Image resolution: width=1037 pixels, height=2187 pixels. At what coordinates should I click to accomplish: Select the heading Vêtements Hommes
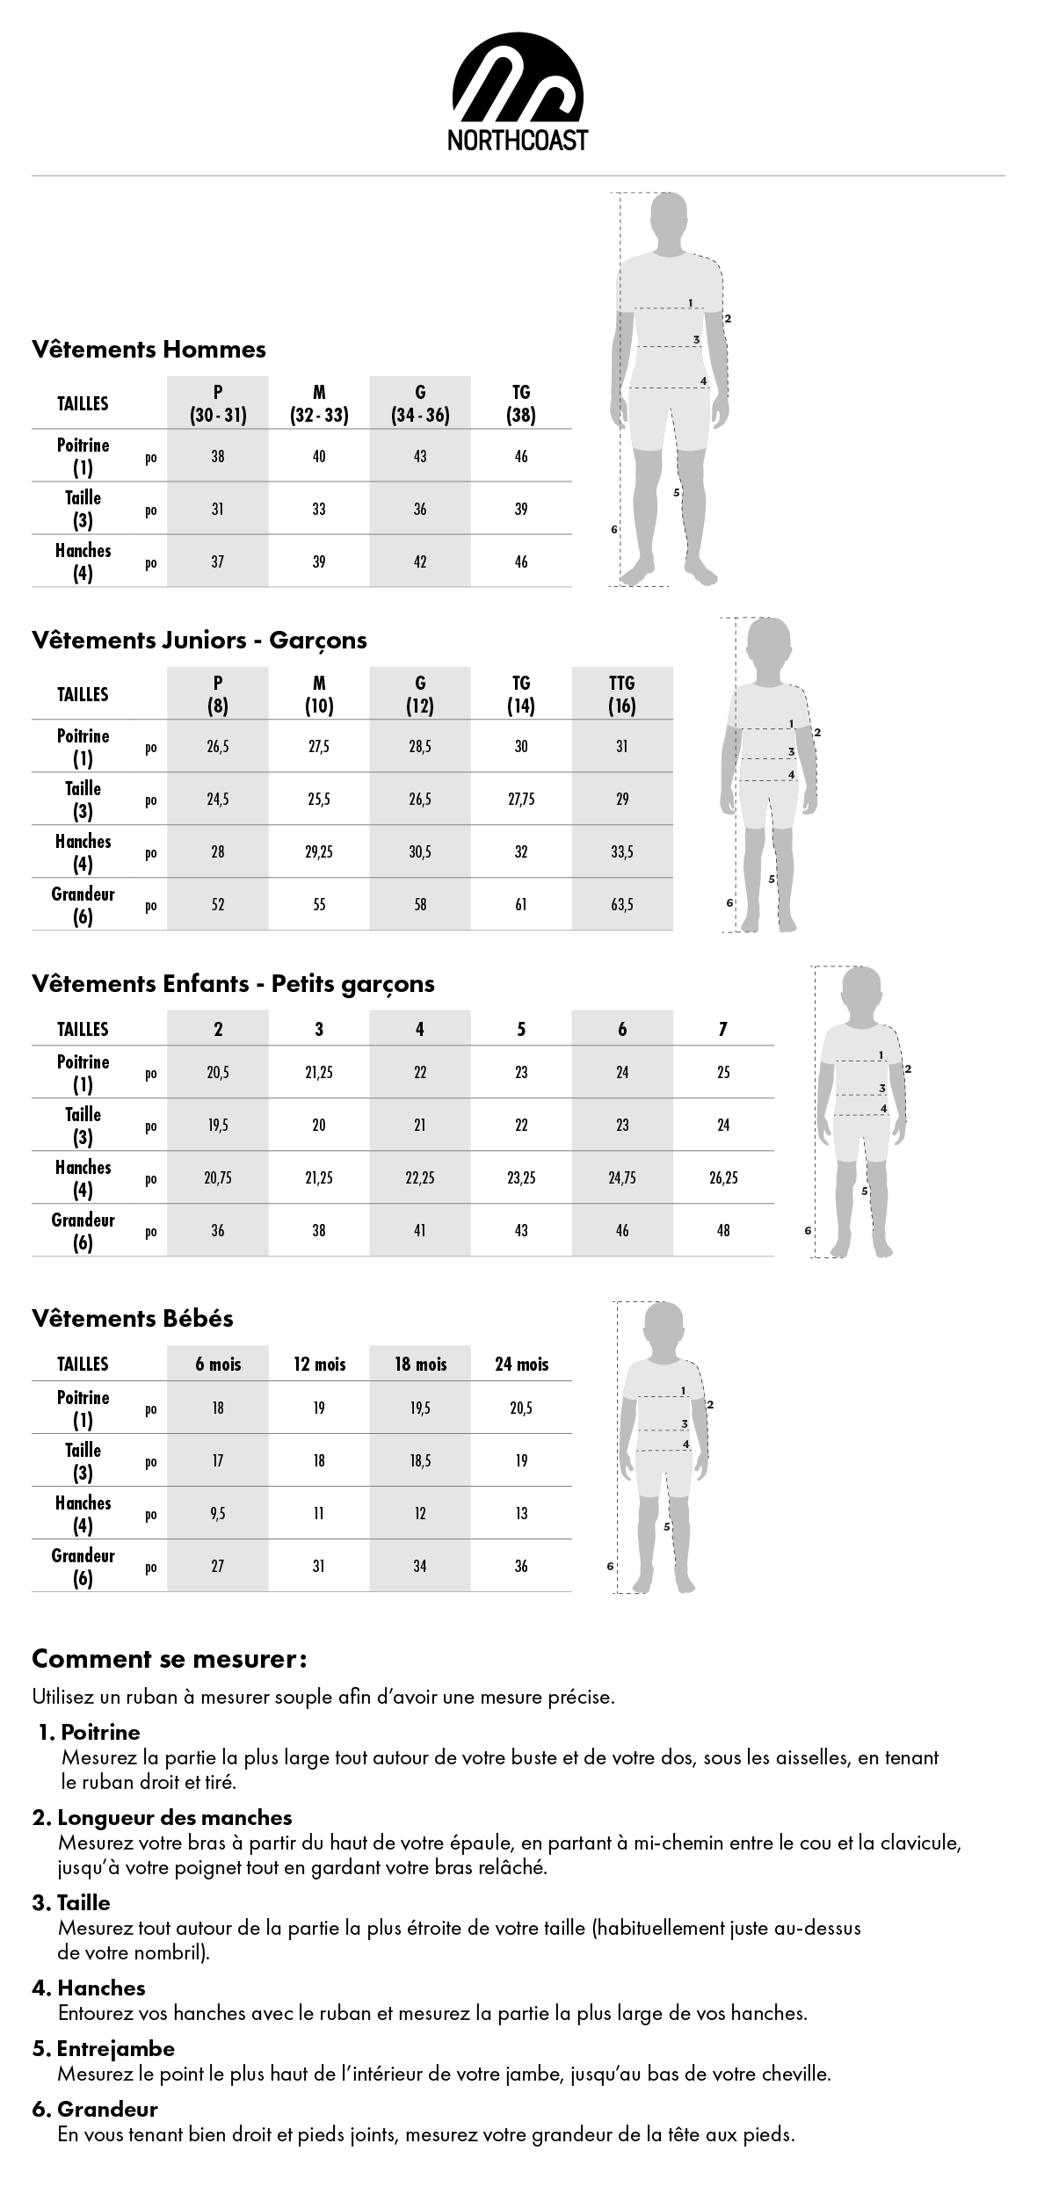(149, 349)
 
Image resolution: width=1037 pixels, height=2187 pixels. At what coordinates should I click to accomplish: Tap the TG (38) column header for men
(521, 403)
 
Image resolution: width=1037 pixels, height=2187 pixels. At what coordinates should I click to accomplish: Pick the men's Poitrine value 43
(420, 456)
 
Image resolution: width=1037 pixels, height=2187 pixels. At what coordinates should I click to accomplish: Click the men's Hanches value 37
(218, 561)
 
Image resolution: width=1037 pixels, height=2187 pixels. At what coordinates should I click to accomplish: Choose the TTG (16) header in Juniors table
(622, 694)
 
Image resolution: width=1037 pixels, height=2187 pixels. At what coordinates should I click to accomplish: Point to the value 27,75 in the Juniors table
(521, 800)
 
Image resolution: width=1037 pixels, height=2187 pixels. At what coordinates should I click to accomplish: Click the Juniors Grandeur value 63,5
(622, 905)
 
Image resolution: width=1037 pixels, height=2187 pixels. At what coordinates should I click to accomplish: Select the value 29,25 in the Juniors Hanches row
(319, 852)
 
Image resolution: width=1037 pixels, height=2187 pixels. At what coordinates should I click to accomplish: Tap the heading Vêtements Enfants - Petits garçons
(233, 983)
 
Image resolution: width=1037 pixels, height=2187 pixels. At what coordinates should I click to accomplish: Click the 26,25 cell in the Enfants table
(723, 1178)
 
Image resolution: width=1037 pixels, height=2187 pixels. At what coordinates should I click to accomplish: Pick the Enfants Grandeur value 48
(723, 1231)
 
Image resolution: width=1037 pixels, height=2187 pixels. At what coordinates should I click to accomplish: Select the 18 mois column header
(420, 1364)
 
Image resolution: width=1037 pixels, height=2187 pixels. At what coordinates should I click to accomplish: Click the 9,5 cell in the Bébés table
(218, 1513)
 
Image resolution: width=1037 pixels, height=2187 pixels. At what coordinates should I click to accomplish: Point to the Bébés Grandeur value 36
(521, 1566)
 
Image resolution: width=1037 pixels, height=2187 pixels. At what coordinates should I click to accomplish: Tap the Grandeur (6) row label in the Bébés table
(83, 1566)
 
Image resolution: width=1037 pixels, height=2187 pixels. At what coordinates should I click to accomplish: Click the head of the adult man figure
(670, 215)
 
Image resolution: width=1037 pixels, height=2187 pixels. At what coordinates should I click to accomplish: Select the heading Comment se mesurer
(169, 1659)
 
